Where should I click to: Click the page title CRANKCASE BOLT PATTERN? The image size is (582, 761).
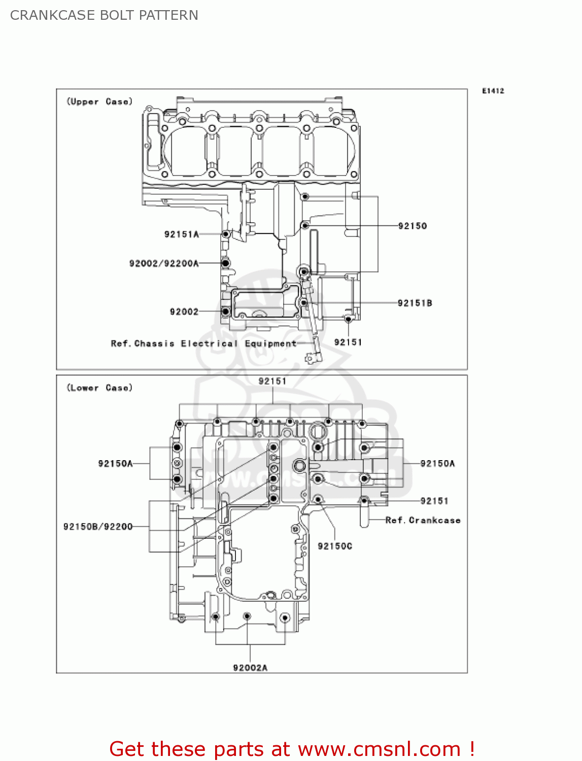pyautogui.click(x=104, y=15)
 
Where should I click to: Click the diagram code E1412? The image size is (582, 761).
pyautogui.click(x=493, y=91)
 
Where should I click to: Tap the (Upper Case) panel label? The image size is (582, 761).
pyautogui.click(x=99, y=101)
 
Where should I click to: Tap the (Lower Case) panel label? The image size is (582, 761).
pyautogui.click(x=99, y=388)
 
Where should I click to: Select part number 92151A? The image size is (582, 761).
pyautogui.click(x=181, y=234)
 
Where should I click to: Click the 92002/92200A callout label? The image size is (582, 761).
pyautogui.click(x=164, y=263)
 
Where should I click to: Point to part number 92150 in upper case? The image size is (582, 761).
pyautogui.click(x=412, y=226)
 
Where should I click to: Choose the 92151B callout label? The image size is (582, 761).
pyautogui.click(x=415, y=303)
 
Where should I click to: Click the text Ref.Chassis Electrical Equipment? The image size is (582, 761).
pyautogui.click(x=203, y=343)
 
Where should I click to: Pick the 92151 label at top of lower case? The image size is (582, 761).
pyautogui.click(x=272, y=381)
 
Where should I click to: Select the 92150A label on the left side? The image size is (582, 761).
pyautogui.click(x=115, y=463)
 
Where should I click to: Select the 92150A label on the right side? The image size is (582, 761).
pyautogui.click(x=437, y=463)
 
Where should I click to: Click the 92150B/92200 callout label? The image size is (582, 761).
pyautogui.click(x=98, y=527)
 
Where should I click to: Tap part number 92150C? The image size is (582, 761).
pyautogui.click(x=334, y=546)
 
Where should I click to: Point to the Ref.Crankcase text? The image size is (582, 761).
pyautogui.click(x=423, y=520)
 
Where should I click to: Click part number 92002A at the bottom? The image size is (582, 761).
pyautogui.click(x=250, y=668)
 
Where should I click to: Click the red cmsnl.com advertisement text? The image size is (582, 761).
pyautogui.click(x=292, y=749)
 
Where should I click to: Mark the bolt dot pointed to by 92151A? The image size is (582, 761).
pyautogui.click(x=226, y=234)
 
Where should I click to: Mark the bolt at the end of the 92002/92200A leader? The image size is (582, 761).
pyautogui.click(x=226, y=263)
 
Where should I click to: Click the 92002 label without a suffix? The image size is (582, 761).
pyautogui.click(x=184, y=312)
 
